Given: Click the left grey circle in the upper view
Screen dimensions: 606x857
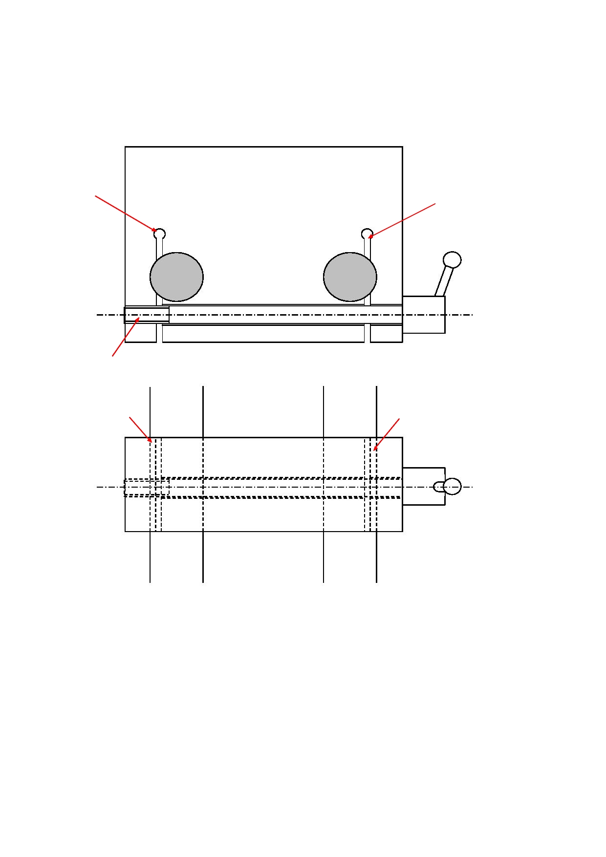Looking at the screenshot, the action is click(x=176, y=277).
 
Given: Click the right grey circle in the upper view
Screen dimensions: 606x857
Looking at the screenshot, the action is click(x=350, y=277).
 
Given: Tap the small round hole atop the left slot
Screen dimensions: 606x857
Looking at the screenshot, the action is click(x=159, y=234).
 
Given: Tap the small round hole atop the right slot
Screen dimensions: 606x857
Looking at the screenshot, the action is click(x=367, y=234).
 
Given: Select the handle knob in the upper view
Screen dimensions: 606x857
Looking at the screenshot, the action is click(x=452, y=259).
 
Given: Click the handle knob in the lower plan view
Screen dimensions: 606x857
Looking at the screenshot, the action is click(x=453, y=486).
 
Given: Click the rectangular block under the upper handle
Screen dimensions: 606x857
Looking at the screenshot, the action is click(x=423, y=315).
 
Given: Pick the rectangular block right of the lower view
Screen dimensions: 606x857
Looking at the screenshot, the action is click(x=423, y=486).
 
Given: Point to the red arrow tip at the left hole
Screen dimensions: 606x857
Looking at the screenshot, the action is click(x=156, y=231).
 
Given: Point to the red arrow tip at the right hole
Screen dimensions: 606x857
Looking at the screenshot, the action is click(x=369, y=238).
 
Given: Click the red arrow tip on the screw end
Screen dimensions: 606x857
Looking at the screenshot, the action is click(x=139, y=318).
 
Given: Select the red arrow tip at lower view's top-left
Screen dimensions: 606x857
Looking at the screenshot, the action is click(x=151, y=442).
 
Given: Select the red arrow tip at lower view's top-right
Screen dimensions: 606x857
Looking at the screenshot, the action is click(x=374, y=450).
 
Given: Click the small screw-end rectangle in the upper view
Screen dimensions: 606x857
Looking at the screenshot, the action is click(x=147, y=315).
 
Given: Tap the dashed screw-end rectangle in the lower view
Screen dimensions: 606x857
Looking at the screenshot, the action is click(x=147, y=487).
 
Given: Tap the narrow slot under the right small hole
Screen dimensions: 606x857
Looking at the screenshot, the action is click(x=368, y=293).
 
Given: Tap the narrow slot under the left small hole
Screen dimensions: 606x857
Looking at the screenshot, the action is click(x=159, y=293).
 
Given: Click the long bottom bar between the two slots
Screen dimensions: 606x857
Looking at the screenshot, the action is click(x=263, y=333).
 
